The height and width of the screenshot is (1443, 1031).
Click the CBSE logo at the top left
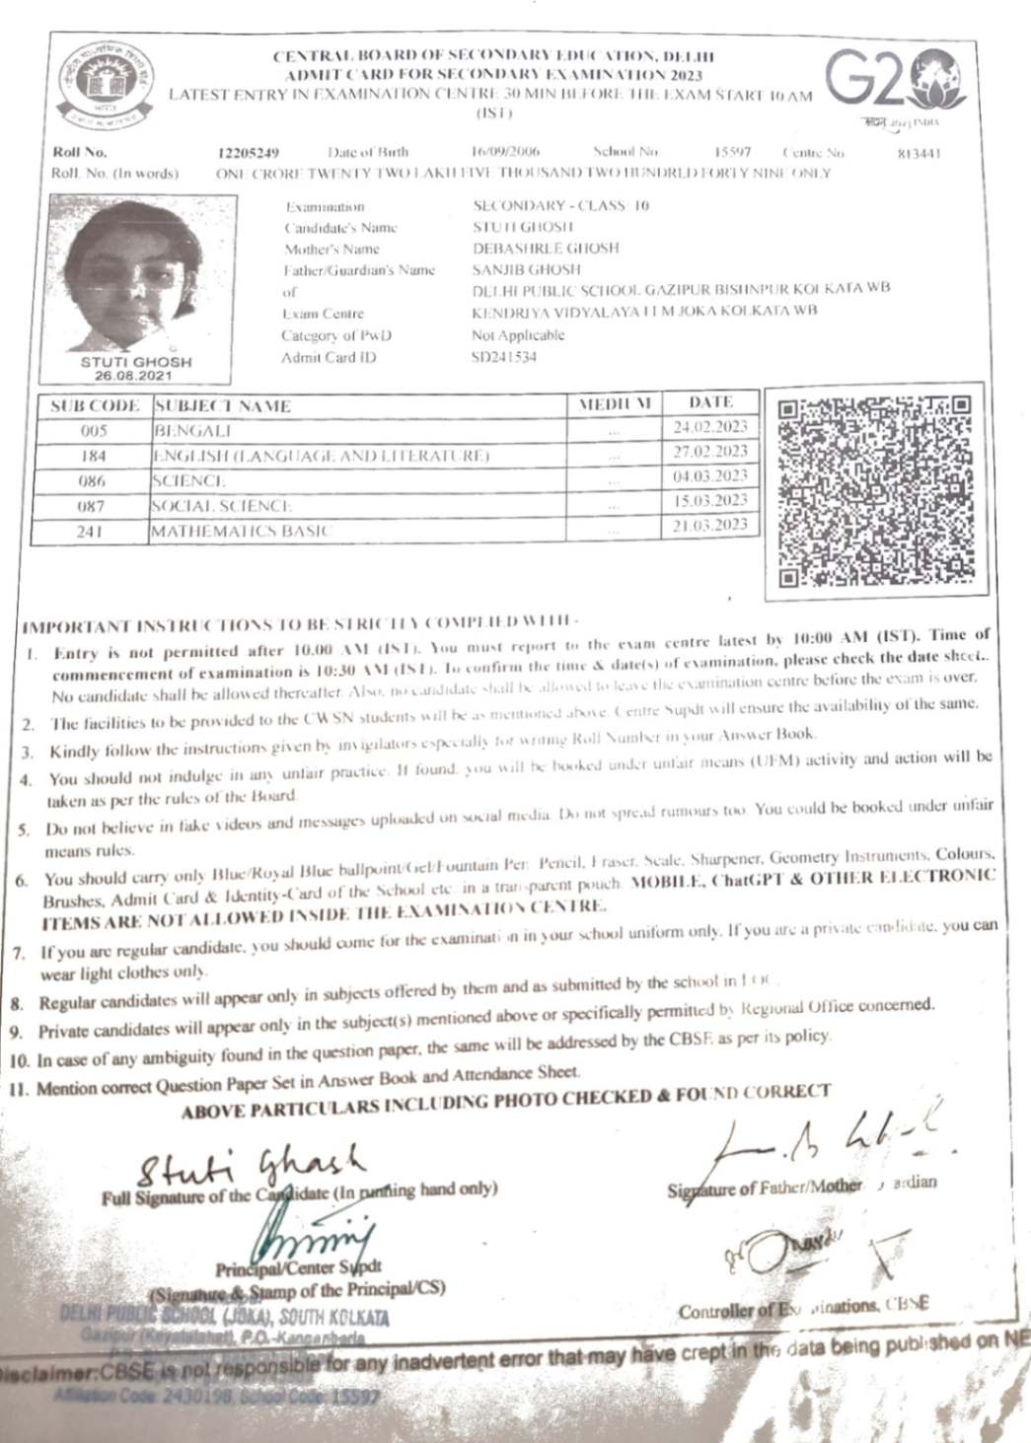point(105,84)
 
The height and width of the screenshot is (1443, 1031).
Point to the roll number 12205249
point(248,153)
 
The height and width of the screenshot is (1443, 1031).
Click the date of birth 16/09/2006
point(505,152)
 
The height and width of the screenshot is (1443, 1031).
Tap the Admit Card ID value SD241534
point(504,357)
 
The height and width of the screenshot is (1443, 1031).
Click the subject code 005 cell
point(95,431)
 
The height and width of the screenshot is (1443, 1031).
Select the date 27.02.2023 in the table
point(710,452)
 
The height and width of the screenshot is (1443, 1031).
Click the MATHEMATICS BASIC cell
point(242,532)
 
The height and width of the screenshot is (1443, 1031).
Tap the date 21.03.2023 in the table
point(710,526)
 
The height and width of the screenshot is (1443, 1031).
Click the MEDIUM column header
point(615,403)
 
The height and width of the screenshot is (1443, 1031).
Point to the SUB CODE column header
point(95,405)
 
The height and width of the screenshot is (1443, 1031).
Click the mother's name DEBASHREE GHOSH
point(546,249)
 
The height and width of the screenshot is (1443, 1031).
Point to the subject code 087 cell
point(93,506)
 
